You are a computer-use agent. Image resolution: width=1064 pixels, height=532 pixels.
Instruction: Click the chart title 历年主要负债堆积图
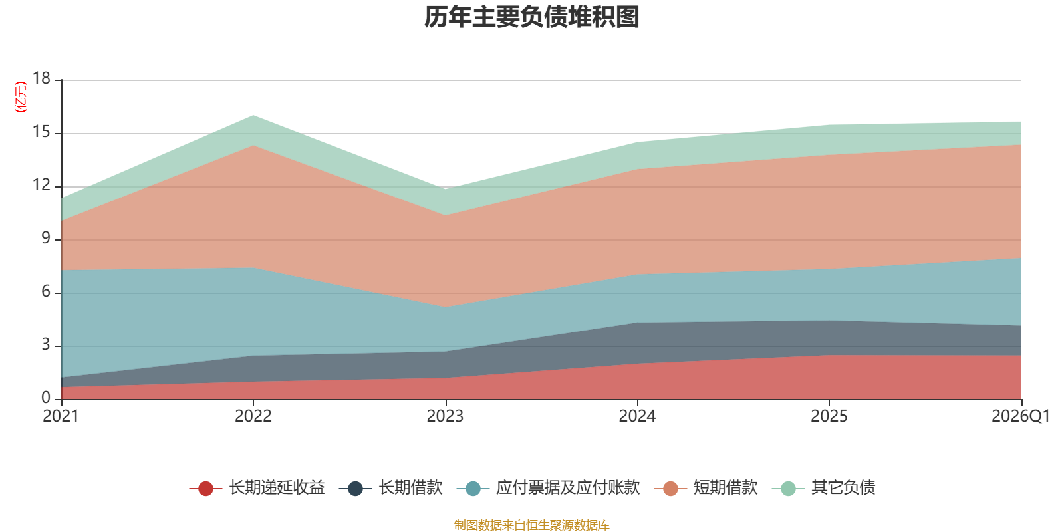click(531, 17)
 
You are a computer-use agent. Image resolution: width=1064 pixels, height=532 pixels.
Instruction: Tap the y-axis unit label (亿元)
click(21, 97)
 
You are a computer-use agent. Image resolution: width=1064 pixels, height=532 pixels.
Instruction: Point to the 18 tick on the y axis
click(41, 79)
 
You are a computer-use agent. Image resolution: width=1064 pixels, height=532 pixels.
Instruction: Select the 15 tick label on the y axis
click(41, 132)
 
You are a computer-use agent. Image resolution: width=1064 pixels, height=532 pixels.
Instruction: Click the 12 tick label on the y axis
click(41, 186)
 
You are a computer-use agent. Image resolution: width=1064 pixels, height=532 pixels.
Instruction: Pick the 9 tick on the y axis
click(46, 239)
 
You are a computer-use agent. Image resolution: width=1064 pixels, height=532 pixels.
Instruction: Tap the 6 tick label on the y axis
click(46, 292)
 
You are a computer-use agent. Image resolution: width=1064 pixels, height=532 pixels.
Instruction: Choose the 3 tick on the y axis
click(46, 345)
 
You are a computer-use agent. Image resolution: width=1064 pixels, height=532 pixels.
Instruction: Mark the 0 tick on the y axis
click(46, 398)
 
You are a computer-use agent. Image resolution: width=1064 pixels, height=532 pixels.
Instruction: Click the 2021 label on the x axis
click(61, 416)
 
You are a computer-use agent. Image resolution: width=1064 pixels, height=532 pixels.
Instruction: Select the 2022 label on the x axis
click(253, 416)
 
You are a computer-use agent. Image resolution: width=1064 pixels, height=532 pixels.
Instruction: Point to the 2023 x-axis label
click(445, 416)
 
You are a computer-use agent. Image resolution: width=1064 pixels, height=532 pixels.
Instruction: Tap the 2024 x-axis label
click(637, 416)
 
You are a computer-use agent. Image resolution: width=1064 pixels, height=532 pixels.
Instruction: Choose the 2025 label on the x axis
click(829, 416)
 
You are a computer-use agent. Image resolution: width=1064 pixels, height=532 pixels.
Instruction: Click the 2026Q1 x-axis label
click(1021, 416)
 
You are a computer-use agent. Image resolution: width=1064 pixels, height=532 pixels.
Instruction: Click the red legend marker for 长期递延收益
click(205, 488)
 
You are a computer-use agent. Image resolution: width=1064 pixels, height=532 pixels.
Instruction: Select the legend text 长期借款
click(410, 488)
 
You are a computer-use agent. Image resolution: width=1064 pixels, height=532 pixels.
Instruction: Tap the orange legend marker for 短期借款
click(670, 488)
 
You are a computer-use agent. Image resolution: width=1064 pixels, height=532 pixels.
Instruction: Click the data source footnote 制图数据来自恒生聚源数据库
click(531, 525)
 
